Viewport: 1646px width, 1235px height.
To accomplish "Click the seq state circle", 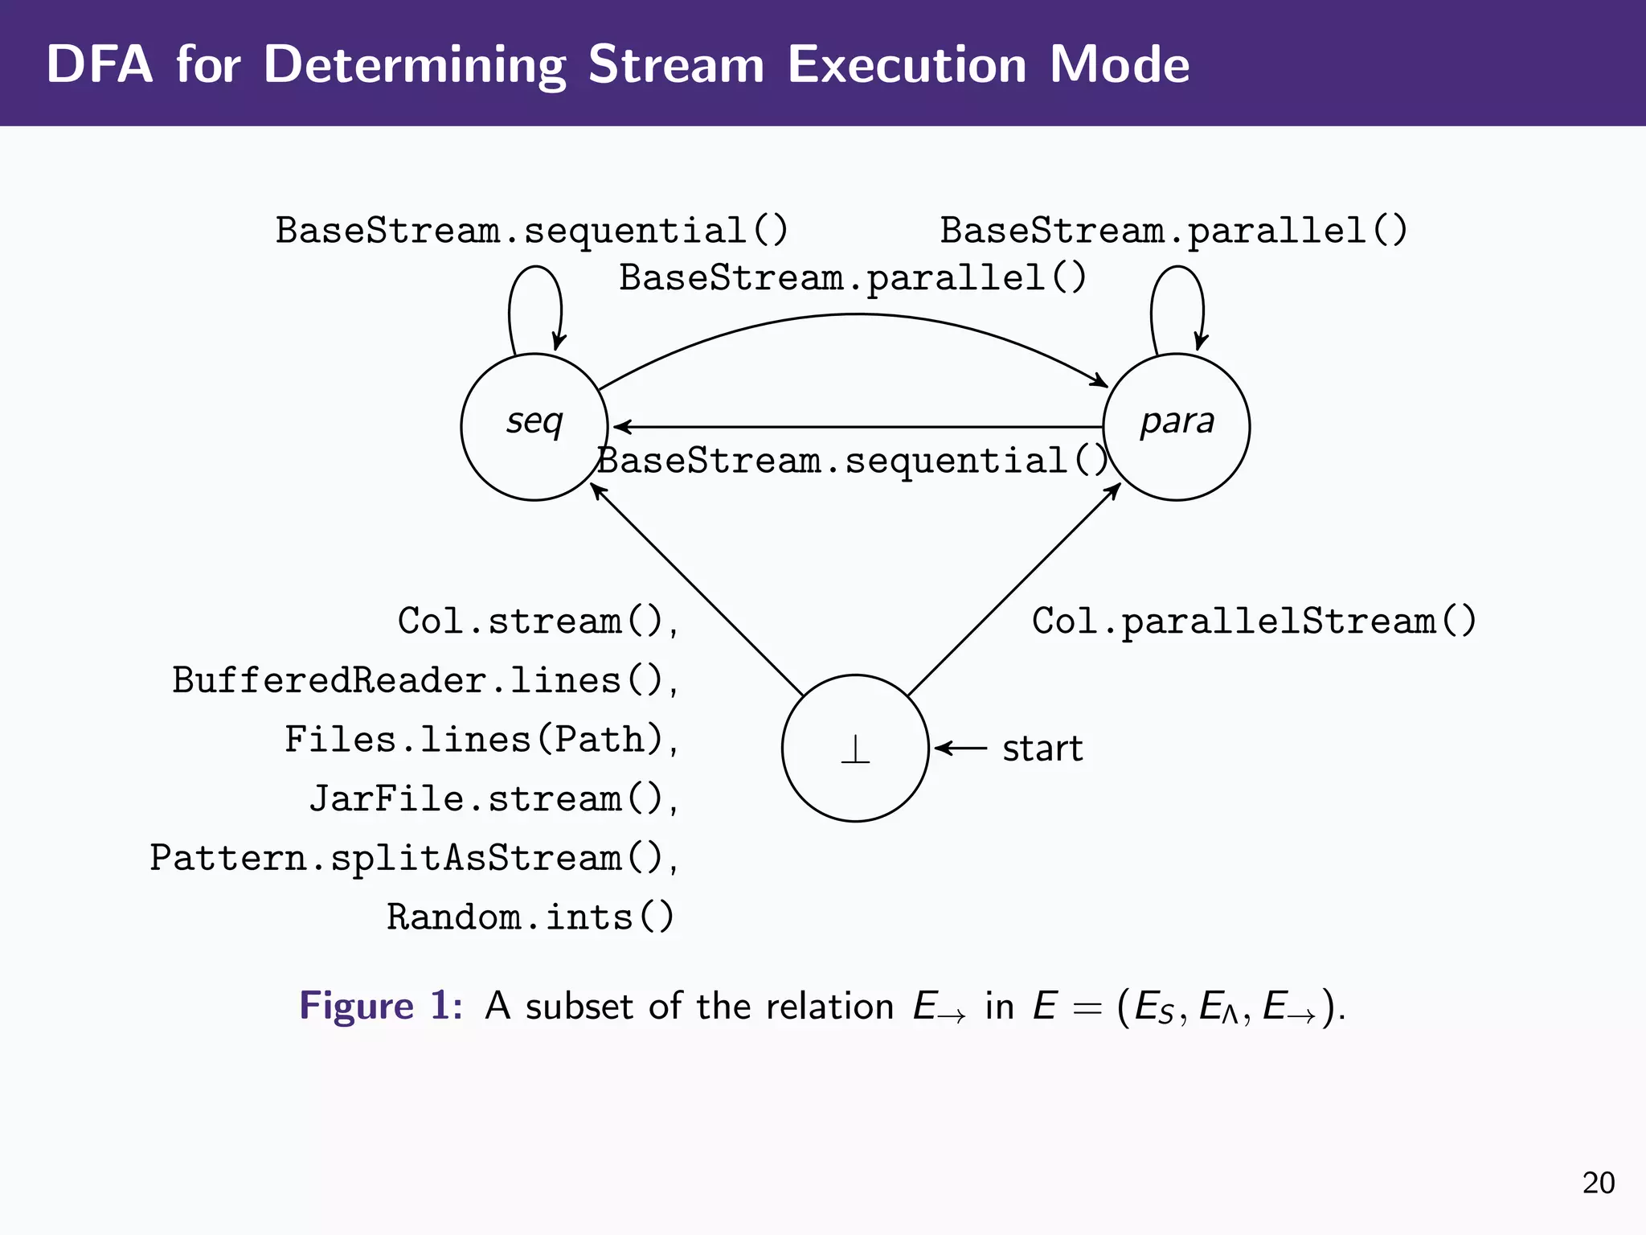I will [x=534, y=427].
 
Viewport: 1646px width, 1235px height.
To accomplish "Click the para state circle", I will [x=1176, y=427].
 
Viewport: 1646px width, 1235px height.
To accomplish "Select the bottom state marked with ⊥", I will [x=855, y=748].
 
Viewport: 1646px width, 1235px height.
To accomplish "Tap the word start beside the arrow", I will [x=1042, y=749].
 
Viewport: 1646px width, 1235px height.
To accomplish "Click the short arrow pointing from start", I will [x=961, y=749].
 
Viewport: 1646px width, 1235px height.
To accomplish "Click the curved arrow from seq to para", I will [x=855, y=316].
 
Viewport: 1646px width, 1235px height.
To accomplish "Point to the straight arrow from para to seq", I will [x=855, y=427].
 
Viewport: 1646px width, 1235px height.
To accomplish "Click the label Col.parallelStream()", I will [x=1254, y=622].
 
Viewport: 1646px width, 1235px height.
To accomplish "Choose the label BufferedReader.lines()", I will [x=425, y=681].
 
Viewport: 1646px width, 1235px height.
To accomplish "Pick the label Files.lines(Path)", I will [x=481, y=740].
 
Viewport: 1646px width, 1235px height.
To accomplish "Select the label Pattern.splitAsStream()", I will [x=413, y=858].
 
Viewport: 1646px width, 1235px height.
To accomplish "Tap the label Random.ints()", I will [x=530, y=917].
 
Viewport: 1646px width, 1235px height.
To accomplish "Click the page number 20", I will [x=1598, y=1183].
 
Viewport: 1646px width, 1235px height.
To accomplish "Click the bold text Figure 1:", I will [x=381, y=1006].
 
